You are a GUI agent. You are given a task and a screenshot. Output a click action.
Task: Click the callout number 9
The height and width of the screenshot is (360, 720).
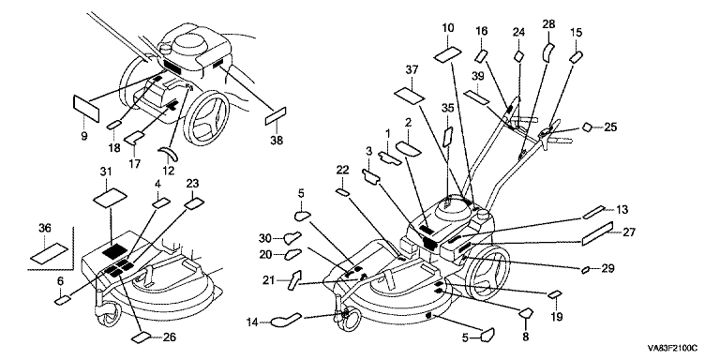coord(84,136)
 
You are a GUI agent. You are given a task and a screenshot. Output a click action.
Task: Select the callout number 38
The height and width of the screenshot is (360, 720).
coord(277,141)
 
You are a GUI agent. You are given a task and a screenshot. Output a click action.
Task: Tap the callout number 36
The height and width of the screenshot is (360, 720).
coord(45,228)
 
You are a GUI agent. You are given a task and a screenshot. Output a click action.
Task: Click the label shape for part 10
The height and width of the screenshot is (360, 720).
coord(447,54)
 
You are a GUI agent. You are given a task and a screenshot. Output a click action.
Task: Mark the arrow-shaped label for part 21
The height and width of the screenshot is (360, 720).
coord(294,279)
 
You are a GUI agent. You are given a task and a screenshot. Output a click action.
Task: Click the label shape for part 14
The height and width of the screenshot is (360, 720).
coord(286,320)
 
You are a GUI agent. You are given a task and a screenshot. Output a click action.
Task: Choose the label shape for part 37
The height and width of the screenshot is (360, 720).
coord(409,97)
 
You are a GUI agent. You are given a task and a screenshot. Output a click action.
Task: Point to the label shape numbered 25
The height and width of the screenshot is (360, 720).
coord(587,127)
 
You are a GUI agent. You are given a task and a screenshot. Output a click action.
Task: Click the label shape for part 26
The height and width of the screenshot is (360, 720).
coord(141,337)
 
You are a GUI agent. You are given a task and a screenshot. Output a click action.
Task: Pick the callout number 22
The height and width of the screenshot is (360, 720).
coord(342,171)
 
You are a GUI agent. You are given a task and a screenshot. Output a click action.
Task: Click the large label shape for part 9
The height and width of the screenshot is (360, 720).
coord(86,109)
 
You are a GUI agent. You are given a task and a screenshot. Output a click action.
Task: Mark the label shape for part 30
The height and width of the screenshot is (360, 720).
coord(292,238)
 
